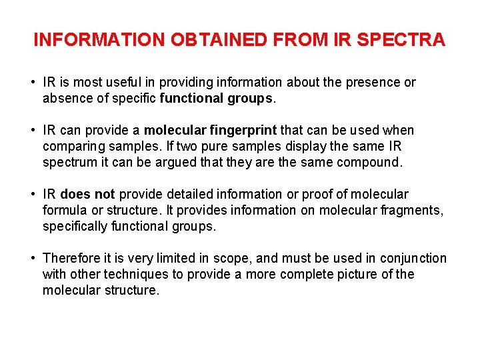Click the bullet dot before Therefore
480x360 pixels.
pyautogui.click(x=32, y=259)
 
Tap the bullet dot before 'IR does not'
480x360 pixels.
pyautogui.click(x=32, y=195)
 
